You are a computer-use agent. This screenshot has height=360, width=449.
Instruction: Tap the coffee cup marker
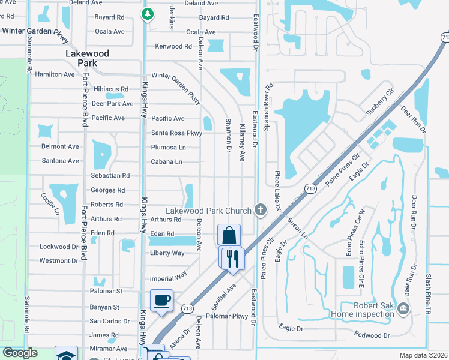[x=162, y=301]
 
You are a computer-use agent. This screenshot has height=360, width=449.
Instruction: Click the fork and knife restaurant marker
[x=231, y=258]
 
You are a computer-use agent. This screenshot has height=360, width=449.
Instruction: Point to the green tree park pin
[x=146, y=13]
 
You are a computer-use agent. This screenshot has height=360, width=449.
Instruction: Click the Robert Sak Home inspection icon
[x=403, y=308]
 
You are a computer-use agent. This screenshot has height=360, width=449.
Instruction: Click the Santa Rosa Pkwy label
[x=176, y=133]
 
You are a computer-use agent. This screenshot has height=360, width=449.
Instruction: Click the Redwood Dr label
[x=372, y=335]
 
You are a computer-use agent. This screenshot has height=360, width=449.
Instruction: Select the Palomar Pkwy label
[x=227, y=316]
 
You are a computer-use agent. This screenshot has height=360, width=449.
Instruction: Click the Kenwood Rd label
[x=173, y=46]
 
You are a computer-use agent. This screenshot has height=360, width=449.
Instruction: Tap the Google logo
[x=20, y=353]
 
